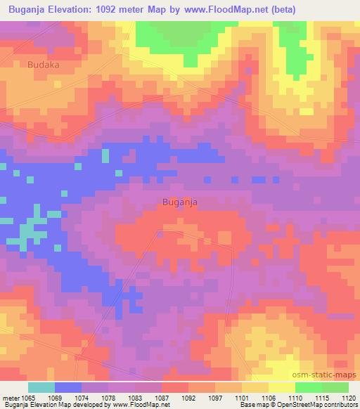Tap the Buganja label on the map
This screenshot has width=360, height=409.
click(x=179, y=202)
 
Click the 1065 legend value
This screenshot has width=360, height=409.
click(x=29, y=396)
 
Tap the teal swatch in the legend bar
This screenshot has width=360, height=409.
click(x=41, y=387)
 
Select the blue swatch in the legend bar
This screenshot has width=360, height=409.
click(x=68, y=387)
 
